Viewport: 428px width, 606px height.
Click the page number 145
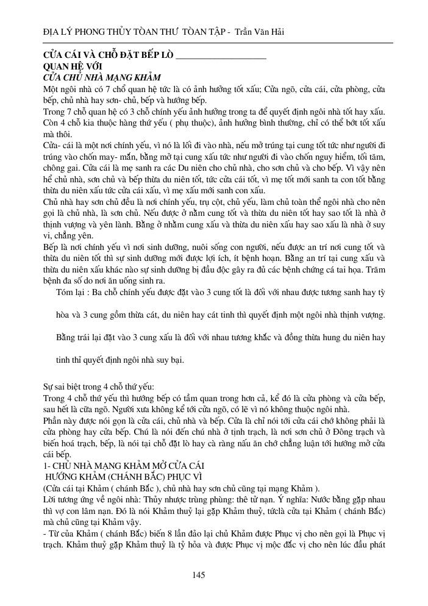click(x=198, y=575)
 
